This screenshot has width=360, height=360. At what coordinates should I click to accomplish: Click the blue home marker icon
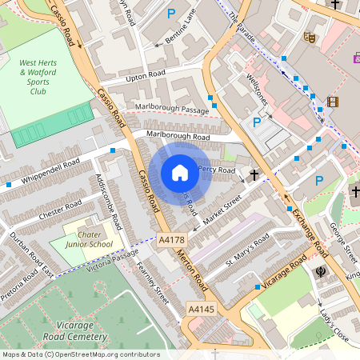(x=180, y=172)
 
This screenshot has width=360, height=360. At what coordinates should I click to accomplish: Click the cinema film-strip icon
(x=332, y=102)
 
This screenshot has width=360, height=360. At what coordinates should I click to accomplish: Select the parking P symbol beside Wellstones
(x=257, y=122)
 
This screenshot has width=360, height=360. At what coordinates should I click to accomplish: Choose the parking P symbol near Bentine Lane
(x=170, y=14)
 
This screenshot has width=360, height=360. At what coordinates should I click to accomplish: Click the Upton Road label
(x=146, y=76)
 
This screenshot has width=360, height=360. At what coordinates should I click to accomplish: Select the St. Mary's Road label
(x=247, y=250)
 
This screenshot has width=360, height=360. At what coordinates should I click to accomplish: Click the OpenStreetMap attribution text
(x=80, y=354)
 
